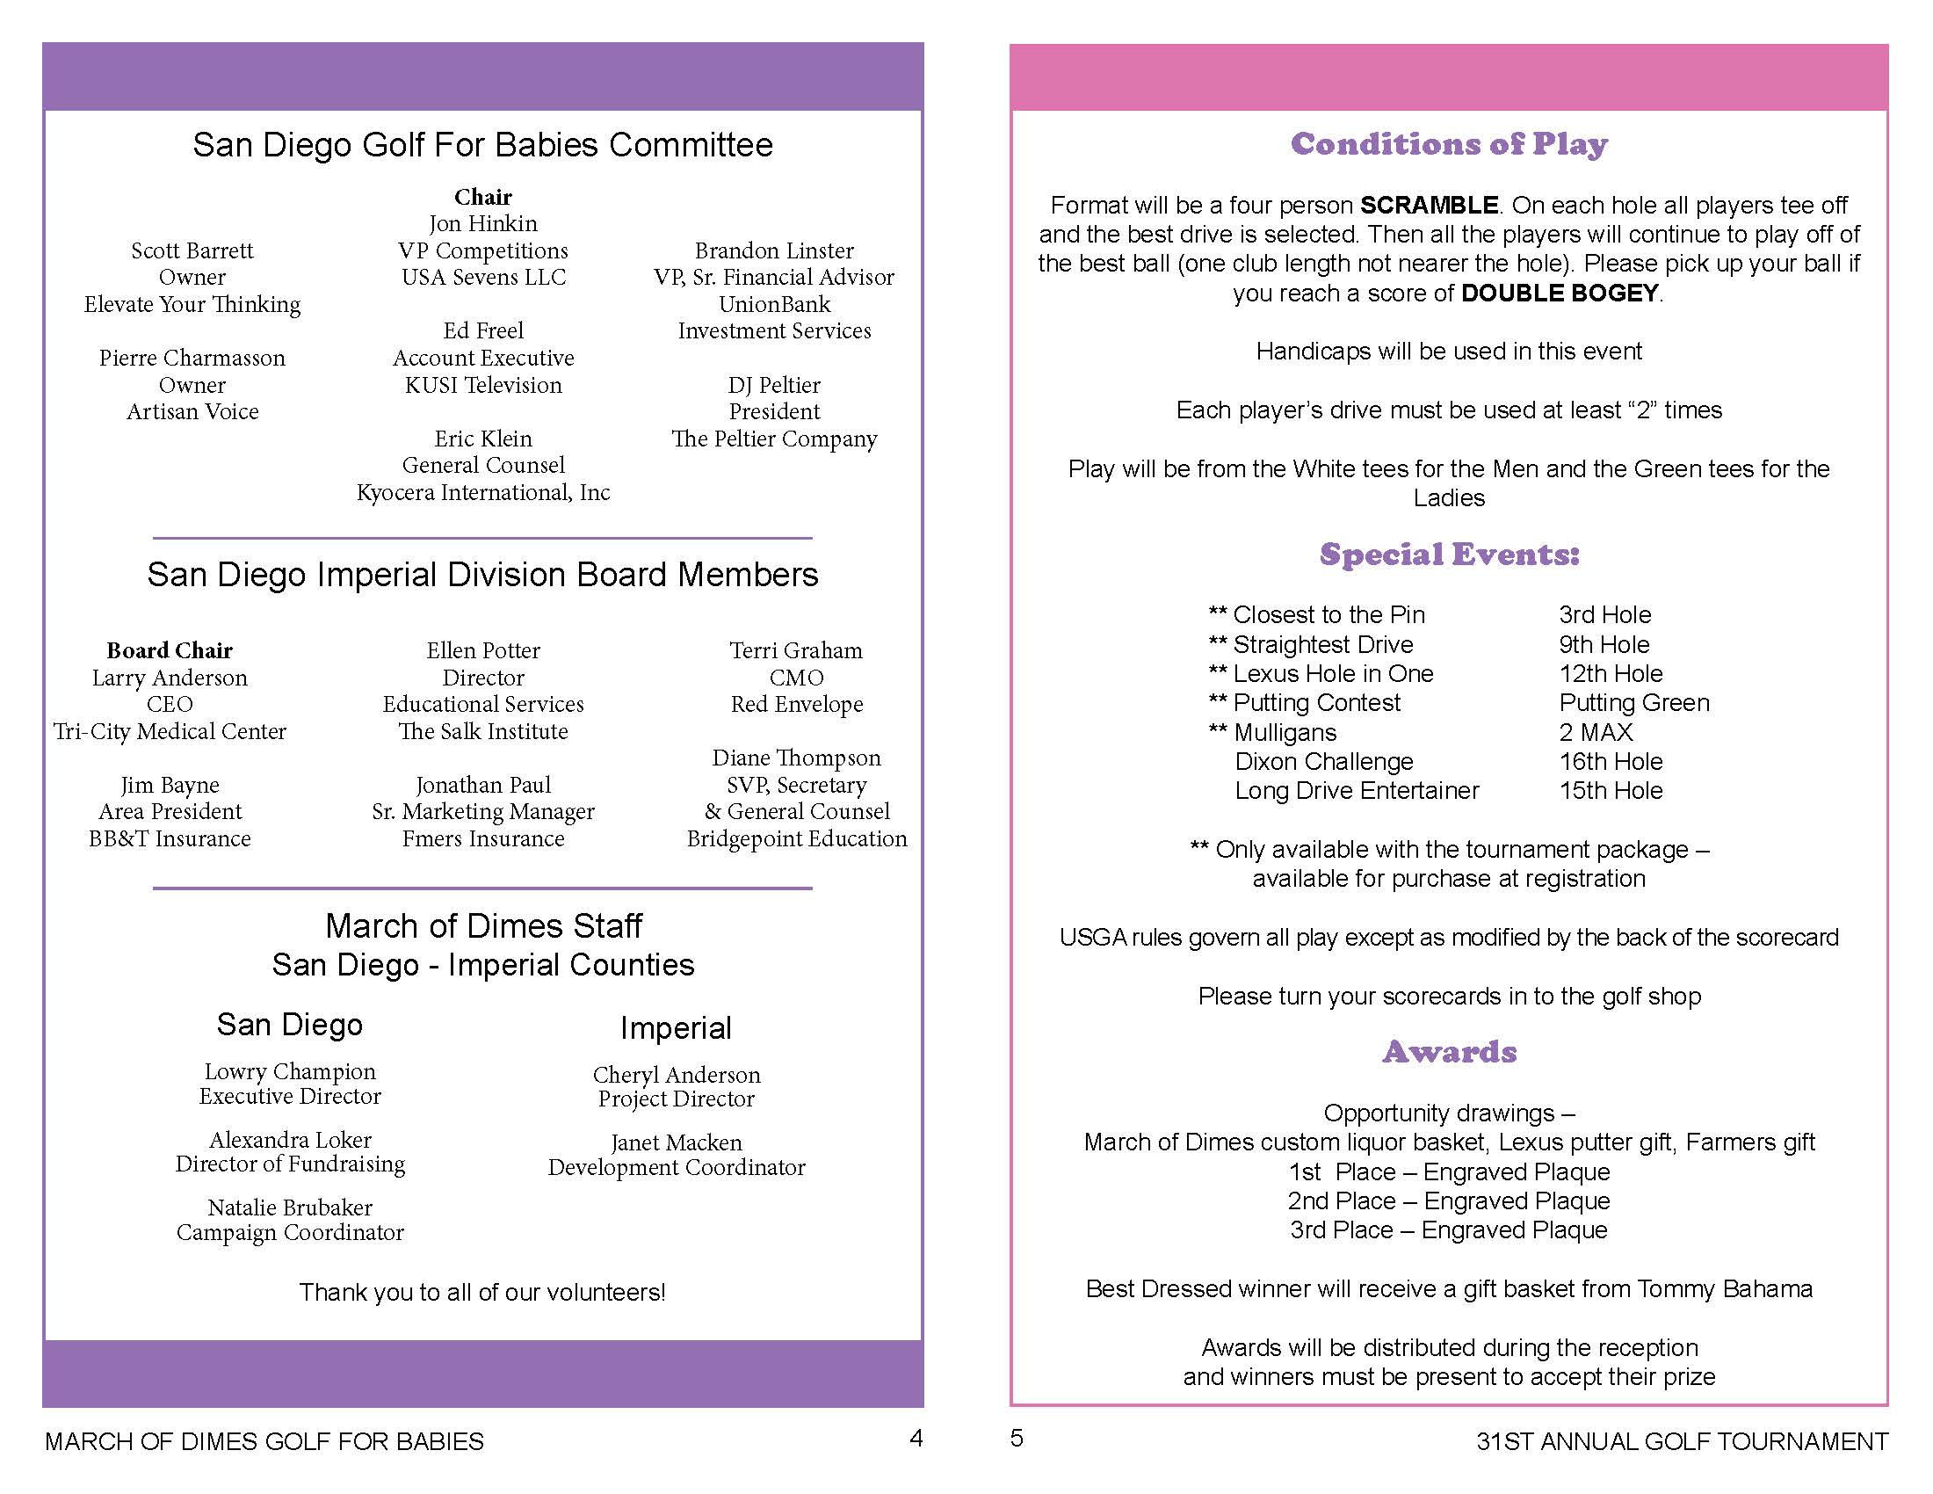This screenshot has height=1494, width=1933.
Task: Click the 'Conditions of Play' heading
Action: [1449, 143]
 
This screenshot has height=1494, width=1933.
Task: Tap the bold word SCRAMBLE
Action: [1429, 206]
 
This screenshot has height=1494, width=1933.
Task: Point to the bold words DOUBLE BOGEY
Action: [1560, 293]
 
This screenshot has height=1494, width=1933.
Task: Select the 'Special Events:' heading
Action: [1449, 554]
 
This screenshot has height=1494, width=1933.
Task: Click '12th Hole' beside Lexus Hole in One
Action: [1611, 673]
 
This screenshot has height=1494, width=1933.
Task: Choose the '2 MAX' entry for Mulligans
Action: [1596, 732]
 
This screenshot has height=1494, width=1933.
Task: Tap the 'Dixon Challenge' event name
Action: [1323, 761]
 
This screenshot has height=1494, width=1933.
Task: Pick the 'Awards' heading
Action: [1449, 1051]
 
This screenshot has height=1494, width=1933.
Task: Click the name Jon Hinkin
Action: [483, 223]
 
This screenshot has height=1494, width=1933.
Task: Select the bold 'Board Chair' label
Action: [170, 650]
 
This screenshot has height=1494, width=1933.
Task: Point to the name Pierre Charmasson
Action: [192, 358]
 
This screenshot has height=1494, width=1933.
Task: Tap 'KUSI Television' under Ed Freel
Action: [483, 385]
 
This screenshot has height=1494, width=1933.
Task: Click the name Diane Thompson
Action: [797, 758]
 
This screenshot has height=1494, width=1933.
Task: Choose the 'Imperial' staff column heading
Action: [677, 1027]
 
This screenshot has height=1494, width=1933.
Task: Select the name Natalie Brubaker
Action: [290, 1208]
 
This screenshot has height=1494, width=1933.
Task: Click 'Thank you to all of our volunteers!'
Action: [482, 1292]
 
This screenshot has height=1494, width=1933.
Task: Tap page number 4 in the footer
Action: [916, 1439]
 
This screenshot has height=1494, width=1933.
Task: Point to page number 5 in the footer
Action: [1017, 1439]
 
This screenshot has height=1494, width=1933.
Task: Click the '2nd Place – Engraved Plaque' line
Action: [1449, 1201]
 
